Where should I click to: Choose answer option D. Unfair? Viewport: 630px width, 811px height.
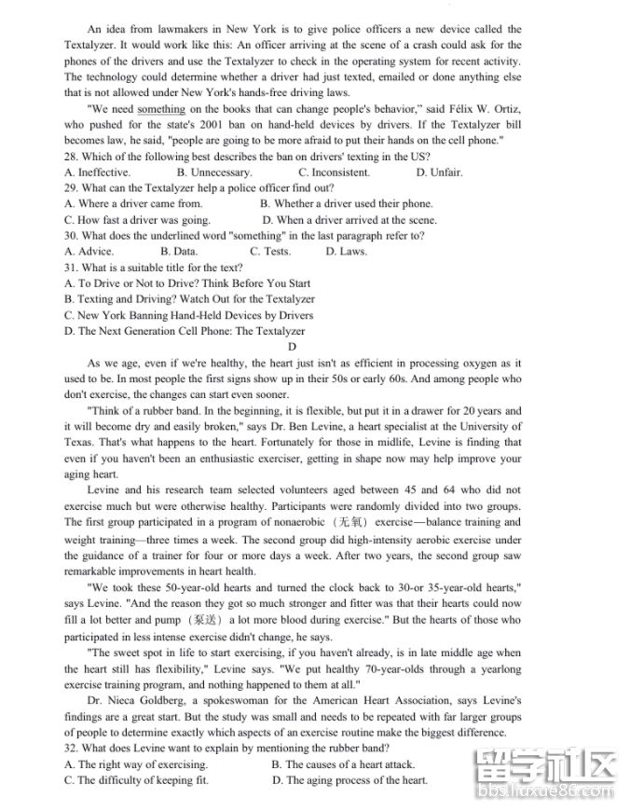[439, 172]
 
